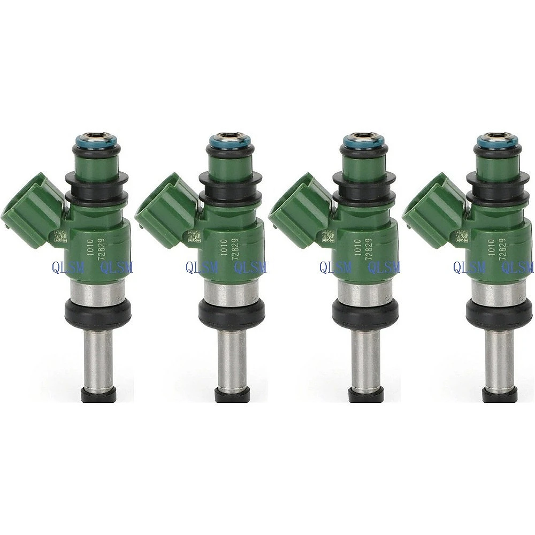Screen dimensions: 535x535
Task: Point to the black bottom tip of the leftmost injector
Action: (98, 394)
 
